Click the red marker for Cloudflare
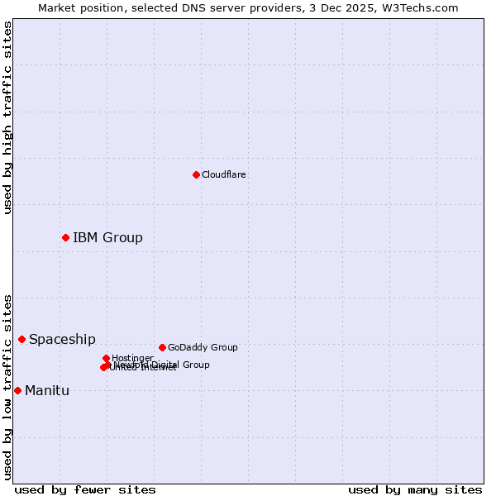(196, 174)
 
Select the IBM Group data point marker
(65, 237)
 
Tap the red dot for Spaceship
(21, 339)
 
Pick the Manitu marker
(17, 390)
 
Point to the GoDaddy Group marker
(162, 347)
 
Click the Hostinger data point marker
(106, 358)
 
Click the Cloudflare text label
(223, 174)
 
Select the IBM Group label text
(107, 238)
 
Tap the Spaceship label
(62, 340)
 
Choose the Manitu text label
(47, 391)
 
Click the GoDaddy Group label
(203, 348)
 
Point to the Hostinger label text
(132, 358)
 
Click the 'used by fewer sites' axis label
(85, 489)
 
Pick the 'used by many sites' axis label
(415, 489)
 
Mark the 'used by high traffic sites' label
(8, 117)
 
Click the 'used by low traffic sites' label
(8, 387)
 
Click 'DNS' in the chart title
(193, 7)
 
